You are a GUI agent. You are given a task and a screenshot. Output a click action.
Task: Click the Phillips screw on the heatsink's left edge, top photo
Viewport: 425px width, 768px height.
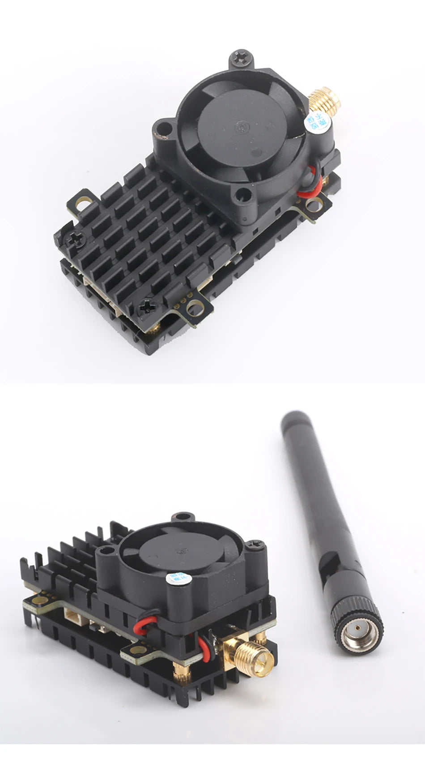[x=72, y=239]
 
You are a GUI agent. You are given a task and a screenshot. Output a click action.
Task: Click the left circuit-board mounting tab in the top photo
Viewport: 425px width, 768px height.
[x=82, y=203]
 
